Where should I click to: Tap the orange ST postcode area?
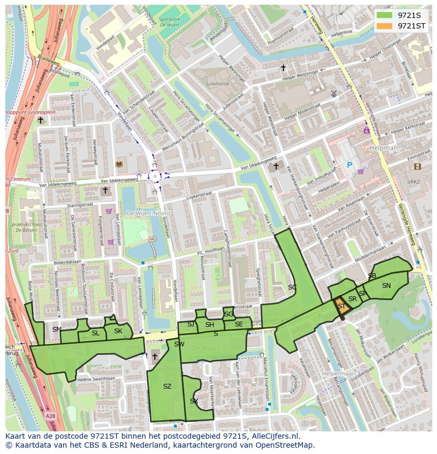tap(341, 306)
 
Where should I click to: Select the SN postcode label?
tap(386, 286)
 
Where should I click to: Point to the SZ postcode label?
tap(167, 387)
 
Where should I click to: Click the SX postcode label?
tap(194, 401)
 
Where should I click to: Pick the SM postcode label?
tap(56, 330)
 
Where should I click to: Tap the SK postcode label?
tap(118, 331)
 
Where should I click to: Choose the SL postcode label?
tap(95, 333)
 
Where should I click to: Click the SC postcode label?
tap(292, 287)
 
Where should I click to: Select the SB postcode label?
tap(372, 276)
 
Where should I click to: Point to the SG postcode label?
tap(228, 314)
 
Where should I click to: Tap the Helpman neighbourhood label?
tap(384, 148)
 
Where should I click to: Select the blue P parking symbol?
tap(349, 165)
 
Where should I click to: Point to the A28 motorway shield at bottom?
tap(50, 416)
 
